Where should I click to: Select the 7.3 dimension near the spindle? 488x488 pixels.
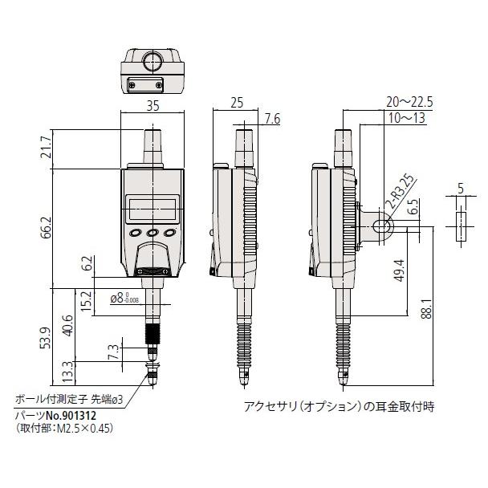[112, 352]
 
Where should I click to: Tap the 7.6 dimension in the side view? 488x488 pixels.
[271, 119]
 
